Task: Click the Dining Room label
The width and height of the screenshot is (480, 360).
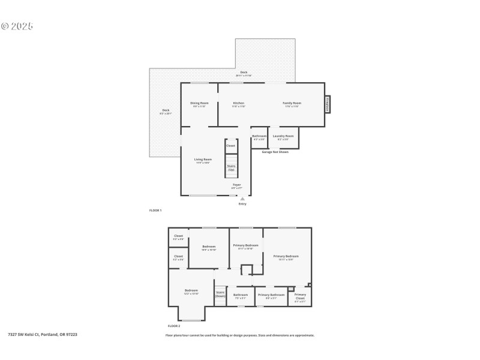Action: [x=200, y=103]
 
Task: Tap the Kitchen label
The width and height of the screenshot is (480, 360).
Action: [x=239, y=103]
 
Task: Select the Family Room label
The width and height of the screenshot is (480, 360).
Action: [x=292, y=103]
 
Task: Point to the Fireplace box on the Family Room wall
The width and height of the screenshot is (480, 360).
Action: [x=328, y=104]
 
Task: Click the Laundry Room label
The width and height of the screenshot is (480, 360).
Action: [x=283, y=136]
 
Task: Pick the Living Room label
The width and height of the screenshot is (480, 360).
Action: [x=203, y=160]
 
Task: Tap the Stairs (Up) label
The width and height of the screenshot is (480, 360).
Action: [x=231, y=167]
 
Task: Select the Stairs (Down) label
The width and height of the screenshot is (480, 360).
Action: [x=220, y=294]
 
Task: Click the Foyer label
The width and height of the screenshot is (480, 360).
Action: [x=237, y=185]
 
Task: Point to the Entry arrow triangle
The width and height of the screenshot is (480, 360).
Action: [x=242, y=199]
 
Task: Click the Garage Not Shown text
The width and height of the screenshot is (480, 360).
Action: [x=275, y=152]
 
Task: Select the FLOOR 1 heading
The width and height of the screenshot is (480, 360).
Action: [x=155, y=211]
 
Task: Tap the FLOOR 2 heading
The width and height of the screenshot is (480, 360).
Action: [x=174, y=325]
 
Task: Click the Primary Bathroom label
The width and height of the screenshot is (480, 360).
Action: [x=271, y=295]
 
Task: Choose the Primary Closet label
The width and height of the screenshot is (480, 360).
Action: [x=300, y=296]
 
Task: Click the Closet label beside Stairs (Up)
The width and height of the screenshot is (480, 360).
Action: [x=231, y=145]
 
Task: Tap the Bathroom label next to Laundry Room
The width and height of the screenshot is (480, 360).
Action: [x=259, y=136]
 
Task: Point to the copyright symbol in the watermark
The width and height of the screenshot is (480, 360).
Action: [x=5, y=26]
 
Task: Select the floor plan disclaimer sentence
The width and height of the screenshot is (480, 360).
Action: [x=239, y=335]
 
